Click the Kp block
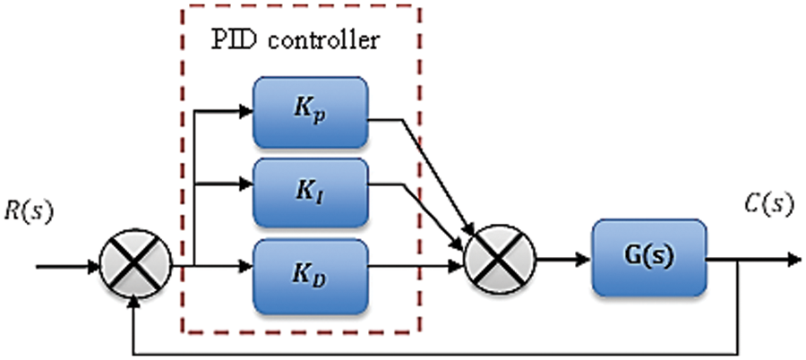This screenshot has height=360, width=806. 310,112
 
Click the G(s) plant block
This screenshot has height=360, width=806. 648,257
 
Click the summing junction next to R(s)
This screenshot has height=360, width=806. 132,266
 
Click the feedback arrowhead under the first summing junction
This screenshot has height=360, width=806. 133,304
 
